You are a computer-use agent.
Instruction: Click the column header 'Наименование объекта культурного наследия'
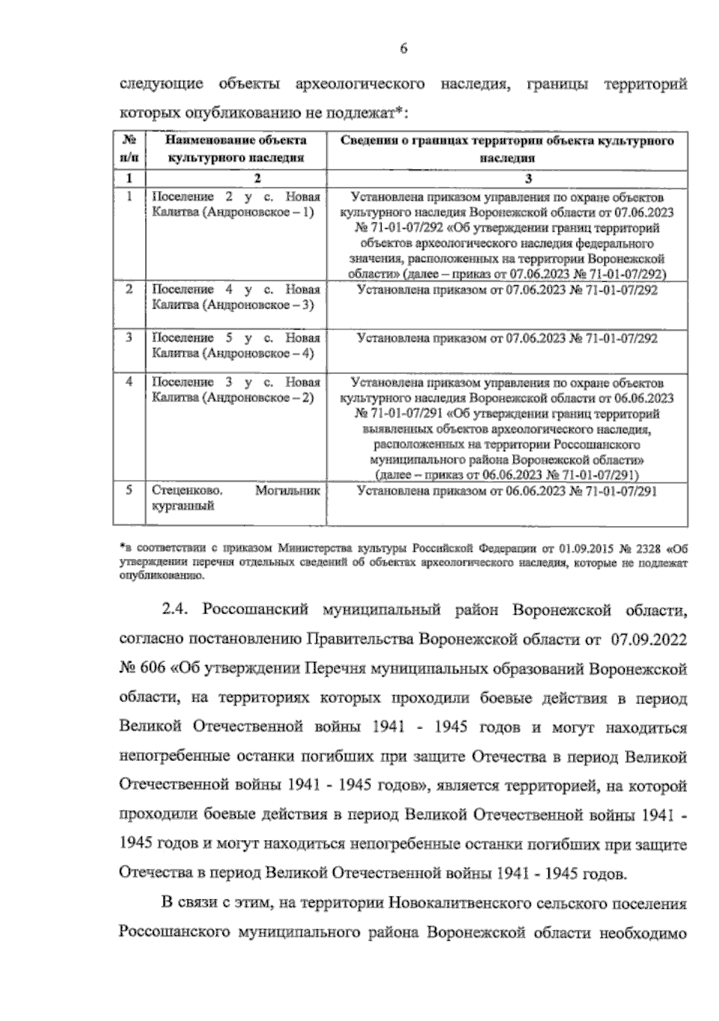coord(236,149)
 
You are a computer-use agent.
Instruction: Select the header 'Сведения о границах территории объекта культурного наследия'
coord(507,149)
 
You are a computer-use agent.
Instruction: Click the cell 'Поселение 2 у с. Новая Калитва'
coord(236,204)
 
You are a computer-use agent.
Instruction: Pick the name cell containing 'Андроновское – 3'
coord(236,297)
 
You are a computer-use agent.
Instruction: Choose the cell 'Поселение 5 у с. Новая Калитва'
coord(236,346)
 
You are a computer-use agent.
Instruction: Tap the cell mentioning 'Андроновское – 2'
coord(236,389)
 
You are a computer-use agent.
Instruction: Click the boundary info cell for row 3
coord(507,339)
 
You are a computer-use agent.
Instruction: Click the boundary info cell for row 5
coord(507,492)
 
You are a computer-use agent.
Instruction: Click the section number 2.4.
coord(176,611)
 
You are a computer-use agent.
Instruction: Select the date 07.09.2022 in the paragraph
coord(649,640)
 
